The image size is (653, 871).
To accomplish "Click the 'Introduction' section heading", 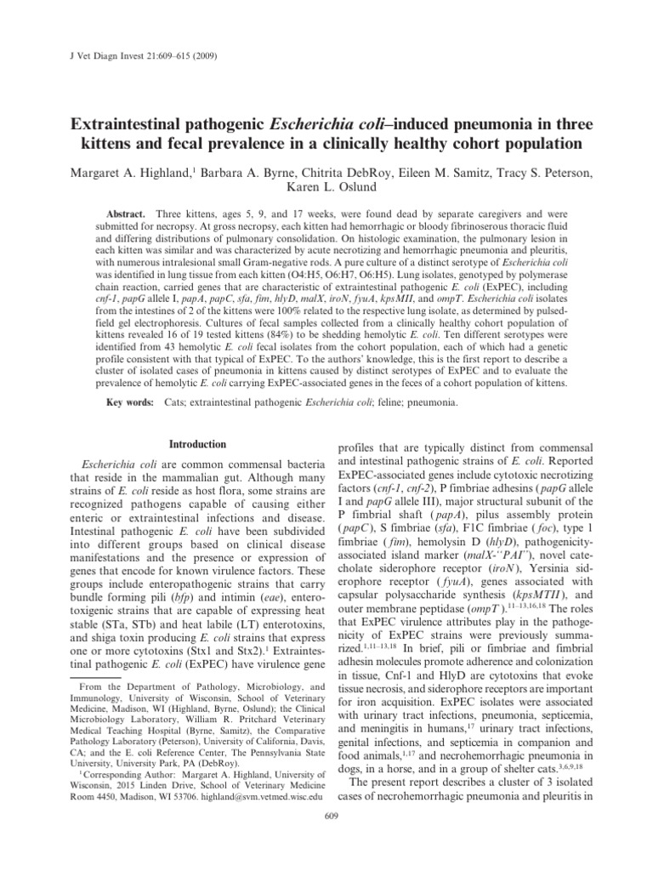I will (197, 445).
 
